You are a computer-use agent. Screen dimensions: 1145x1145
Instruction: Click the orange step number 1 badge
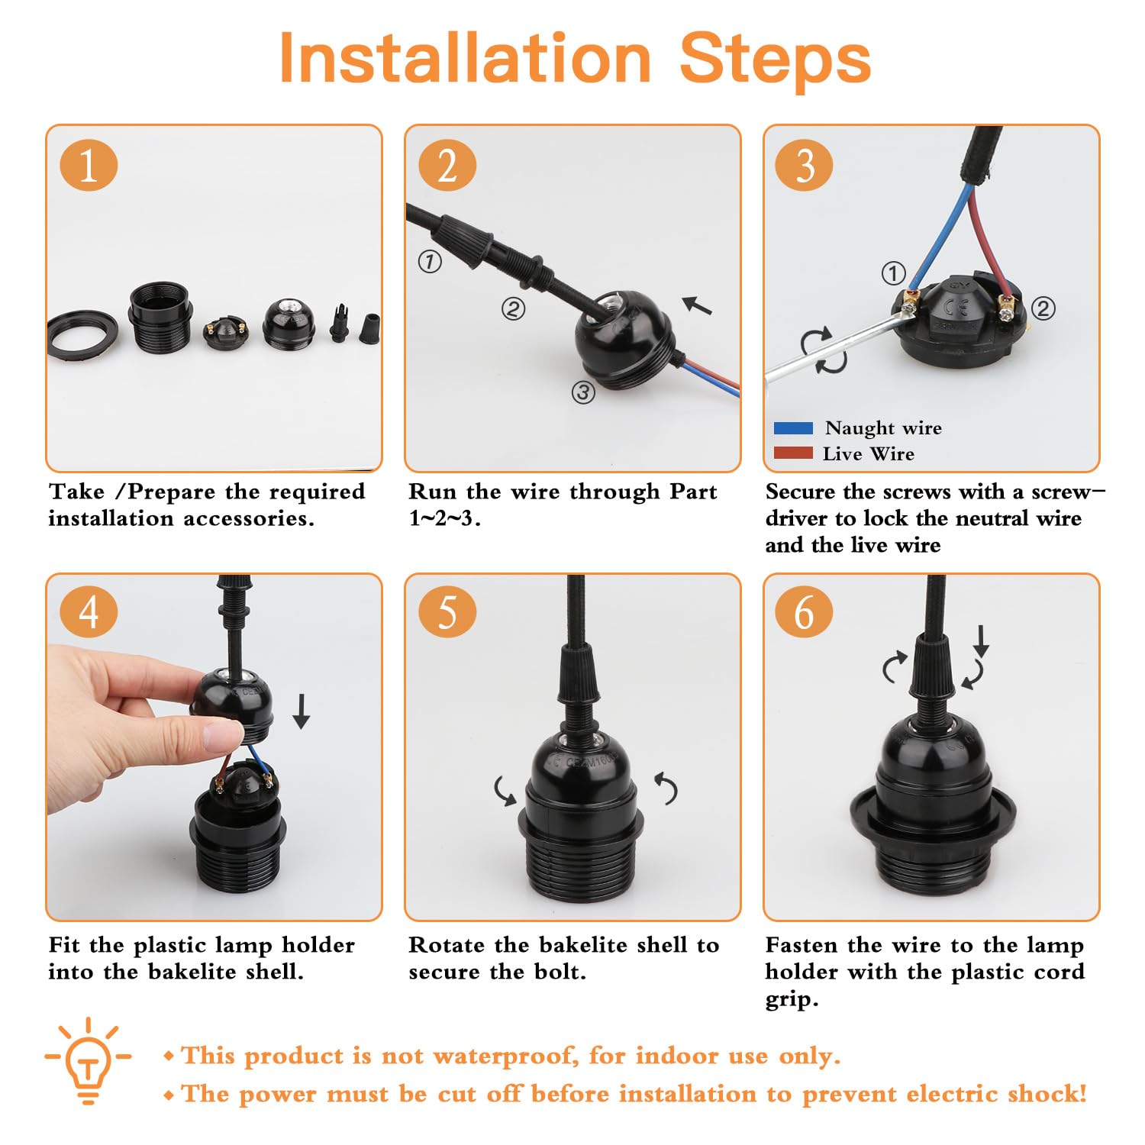(89, 166)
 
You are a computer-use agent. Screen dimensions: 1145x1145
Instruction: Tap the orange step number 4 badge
(89, 613)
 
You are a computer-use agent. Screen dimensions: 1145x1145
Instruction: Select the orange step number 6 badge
(804, 613)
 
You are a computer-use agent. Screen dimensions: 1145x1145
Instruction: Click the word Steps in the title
(775, 59)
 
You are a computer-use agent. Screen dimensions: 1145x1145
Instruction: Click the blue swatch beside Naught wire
(793, 428)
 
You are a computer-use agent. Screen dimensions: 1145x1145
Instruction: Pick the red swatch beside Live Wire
(793, 453)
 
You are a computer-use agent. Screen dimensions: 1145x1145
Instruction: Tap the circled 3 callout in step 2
(583, 392)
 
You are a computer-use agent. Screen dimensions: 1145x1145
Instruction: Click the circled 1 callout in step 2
(430, 262)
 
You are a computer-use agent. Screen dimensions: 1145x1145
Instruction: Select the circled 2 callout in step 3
(1043, 308)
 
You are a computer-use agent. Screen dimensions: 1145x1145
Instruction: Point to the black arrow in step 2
(697, 305)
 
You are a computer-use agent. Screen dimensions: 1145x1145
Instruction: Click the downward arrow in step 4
(302, 711)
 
